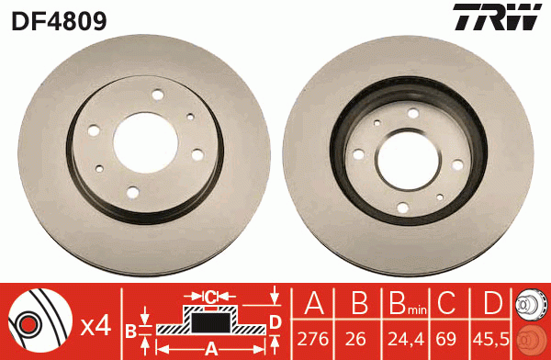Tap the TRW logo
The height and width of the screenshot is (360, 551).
(x=495, y=17)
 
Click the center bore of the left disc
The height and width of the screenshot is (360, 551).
(x=143, y=143)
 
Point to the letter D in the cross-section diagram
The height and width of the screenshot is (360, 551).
(x=275, y=321)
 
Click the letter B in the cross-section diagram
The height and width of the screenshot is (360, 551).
(x=131, y=330)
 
